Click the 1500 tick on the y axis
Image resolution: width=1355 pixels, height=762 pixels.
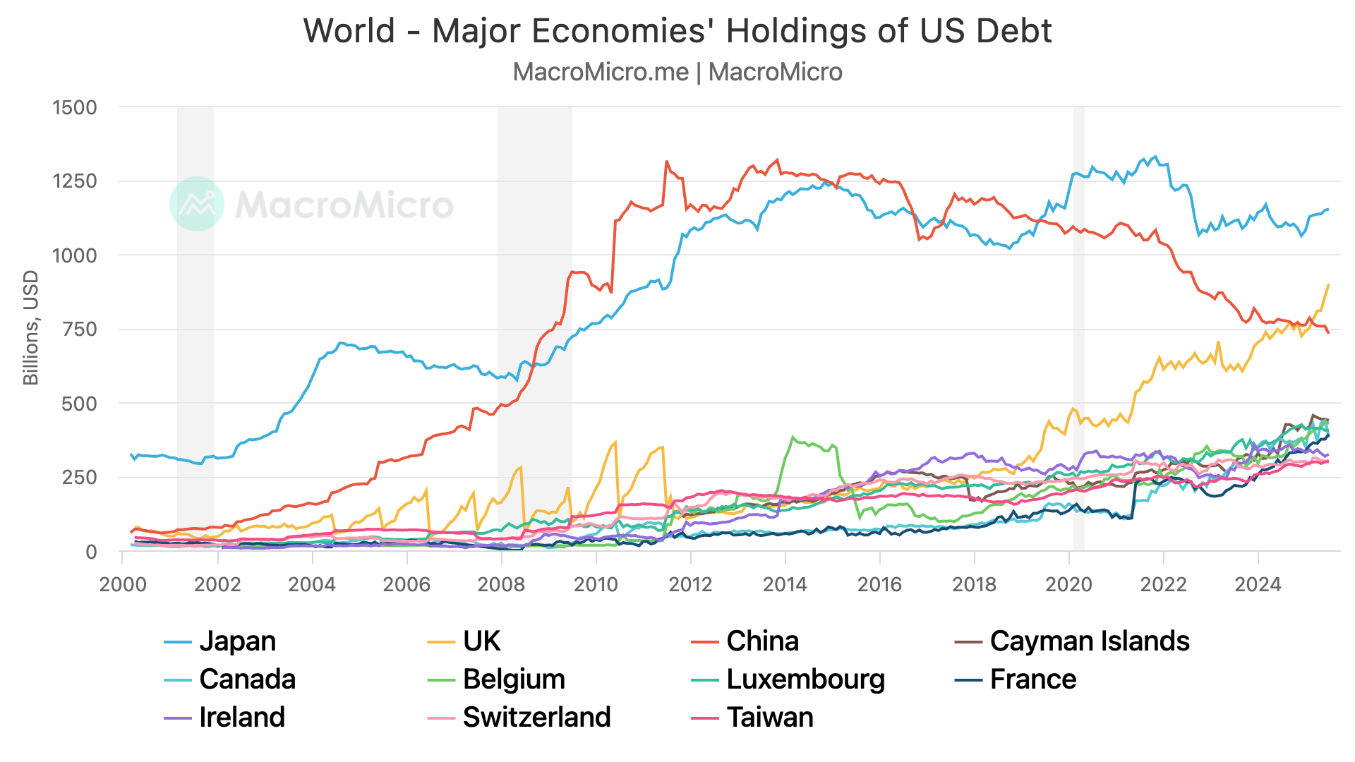[75, 108]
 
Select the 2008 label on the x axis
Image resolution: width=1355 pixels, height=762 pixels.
[501, 584]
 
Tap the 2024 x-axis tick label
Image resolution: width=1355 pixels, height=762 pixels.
[1258, 584]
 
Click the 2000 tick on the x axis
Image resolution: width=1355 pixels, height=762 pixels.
[123, 584]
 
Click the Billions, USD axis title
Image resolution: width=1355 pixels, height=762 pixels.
[31, 328]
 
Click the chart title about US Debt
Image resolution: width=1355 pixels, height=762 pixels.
[677, 31]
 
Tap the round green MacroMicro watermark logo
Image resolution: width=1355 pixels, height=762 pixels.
[197, 204]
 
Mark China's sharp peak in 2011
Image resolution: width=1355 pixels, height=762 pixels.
[666, 162]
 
